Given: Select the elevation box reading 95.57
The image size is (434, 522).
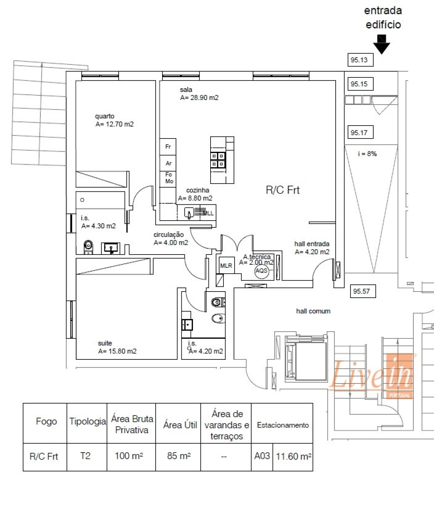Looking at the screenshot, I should point(362,291).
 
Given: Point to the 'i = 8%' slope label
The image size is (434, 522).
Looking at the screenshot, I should point(367,154).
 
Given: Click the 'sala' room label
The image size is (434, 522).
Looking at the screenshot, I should point(186,90).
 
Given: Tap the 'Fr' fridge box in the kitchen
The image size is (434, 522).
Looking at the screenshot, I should point(168,147).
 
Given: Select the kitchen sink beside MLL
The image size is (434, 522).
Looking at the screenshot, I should point(189,213).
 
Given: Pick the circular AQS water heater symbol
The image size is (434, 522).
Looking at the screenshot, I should point(261,271).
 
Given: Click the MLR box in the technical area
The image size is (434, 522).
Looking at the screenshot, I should point(226,266).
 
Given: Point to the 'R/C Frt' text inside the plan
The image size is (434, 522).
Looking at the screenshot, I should point(282,190).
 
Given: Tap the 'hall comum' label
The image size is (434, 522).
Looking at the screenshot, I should point(313,311).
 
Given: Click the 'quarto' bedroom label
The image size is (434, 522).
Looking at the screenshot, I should point(104,116).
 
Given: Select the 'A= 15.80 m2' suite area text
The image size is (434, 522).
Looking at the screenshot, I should point(117,351).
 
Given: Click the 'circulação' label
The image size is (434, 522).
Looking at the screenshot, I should point(169,235).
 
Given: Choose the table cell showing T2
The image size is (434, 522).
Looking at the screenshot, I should point(86,456).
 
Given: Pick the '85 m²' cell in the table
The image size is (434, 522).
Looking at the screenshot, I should point(178,456).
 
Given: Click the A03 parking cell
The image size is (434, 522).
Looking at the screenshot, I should point(262,456).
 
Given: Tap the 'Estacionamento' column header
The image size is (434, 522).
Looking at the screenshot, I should point(282,425).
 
